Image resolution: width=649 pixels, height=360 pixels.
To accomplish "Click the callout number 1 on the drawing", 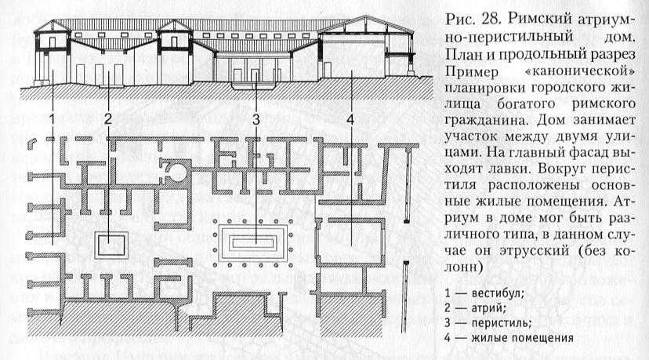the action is point(52,119).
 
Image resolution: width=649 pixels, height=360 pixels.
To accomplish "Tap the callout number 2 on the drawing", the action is point(108,119).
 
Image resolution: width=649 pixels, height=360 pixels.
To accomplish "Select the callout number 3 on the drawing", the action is point(256,119).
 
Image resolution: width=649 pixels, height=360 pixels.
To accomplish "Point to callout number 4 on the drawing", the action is point(350,119).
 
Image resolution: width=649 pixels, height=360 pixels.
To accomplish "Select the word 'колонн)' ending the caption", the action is point(464,267).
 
